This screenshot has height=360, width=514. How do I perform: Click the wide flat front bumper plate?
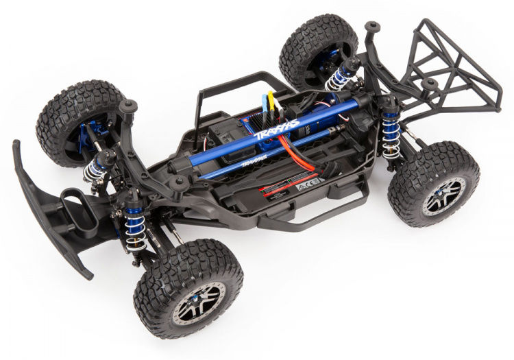(51, 205)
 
